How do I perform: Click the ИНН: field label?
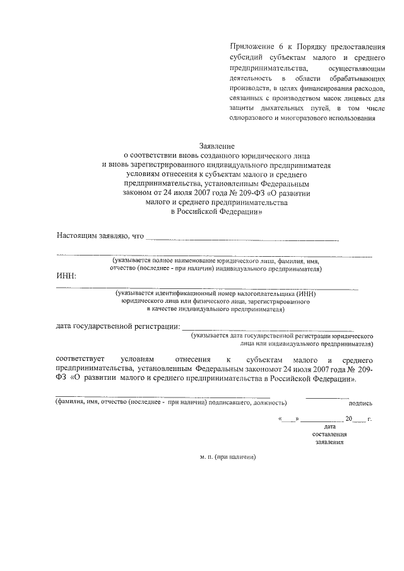[66, 276]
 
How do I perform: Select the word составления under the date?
[329, 435]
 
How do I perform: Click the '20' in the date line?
[348, 418]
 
